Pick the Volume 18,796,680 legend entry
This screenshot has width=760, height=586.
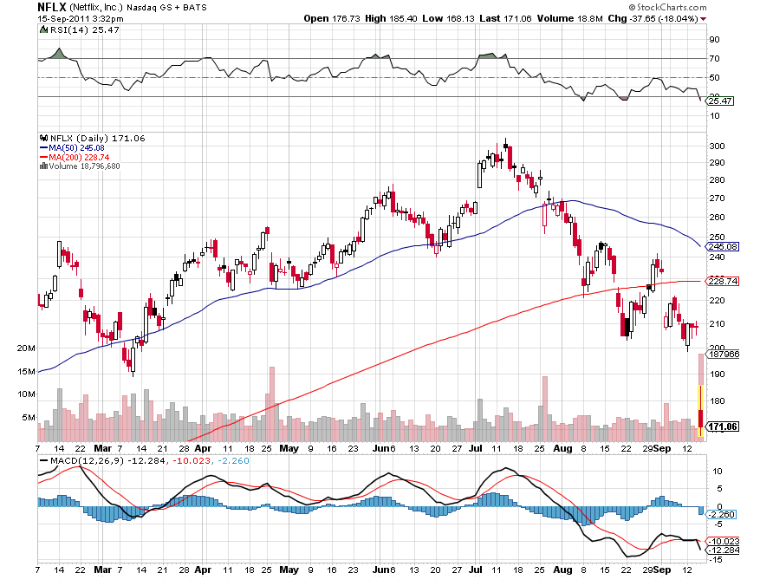coord(83,166)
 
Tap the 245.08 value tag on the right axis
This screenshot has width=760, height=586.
coord(723,246)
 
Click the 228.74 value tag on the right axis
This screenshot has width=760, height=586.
coord(723,282)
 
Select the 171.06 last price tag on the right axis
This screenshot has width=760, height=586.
coord(723,426)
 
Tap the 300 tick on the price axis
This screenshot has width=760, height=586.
coord(717,146)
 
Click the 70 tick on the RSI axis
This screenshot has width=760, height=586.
coord(715,59)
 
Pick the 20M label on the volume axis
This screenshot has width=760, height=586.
coord(26,348)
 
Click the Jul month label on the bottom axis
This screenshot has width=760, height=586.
coord(475,450)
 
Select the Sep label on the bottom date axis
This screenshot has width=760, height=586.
coord(662,450)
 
